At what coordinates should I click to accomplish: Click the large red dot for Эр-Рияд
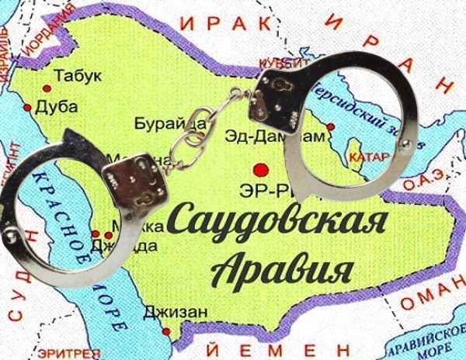pos(262,168)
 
